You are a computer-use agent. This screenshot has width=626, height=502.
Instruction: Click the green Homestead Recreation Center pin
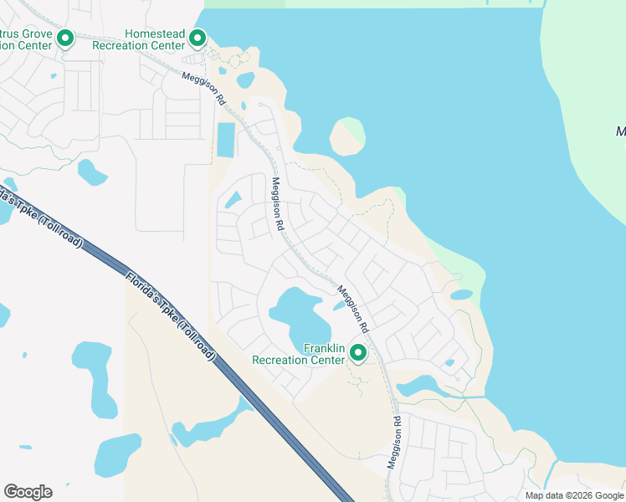click(x=198, y=38)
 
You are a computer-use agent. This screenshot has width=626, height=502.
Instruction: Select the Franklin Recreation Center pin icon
click(x=358, y=353)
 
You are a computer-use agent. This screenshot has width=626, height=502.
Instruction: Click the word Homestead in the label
click(x=153, y=33)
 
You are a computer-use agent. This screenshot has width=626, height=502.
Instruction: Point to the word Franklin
click(x=325, y=348)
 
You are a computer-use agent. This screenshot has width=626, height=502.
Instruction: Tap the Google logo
click(x=28, y=492)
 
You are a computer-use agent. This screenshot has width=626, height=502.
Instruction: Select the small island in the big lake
click(x=347, y=136)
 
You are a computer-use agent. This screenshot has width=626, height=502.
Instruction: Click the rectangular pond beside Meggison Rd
click(x=226, y=140)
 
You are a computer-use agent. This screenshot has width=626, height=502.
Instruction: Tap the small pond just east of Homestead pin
click(x=245, y=80)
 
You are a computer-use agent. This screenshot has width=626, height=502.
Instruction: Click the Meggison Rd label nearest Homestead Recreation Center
click(x=204, y=87)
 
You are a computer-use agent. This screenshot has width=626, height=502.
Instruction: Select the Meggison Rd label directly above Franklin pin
click(x=353, y=306)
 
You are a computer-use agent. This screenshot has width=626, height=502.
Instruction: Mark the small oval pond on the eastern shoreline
click(x=461, y=295)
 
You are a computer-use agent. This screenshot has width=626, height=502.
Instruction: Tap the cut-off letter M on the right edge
click(x=620, y=131)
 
